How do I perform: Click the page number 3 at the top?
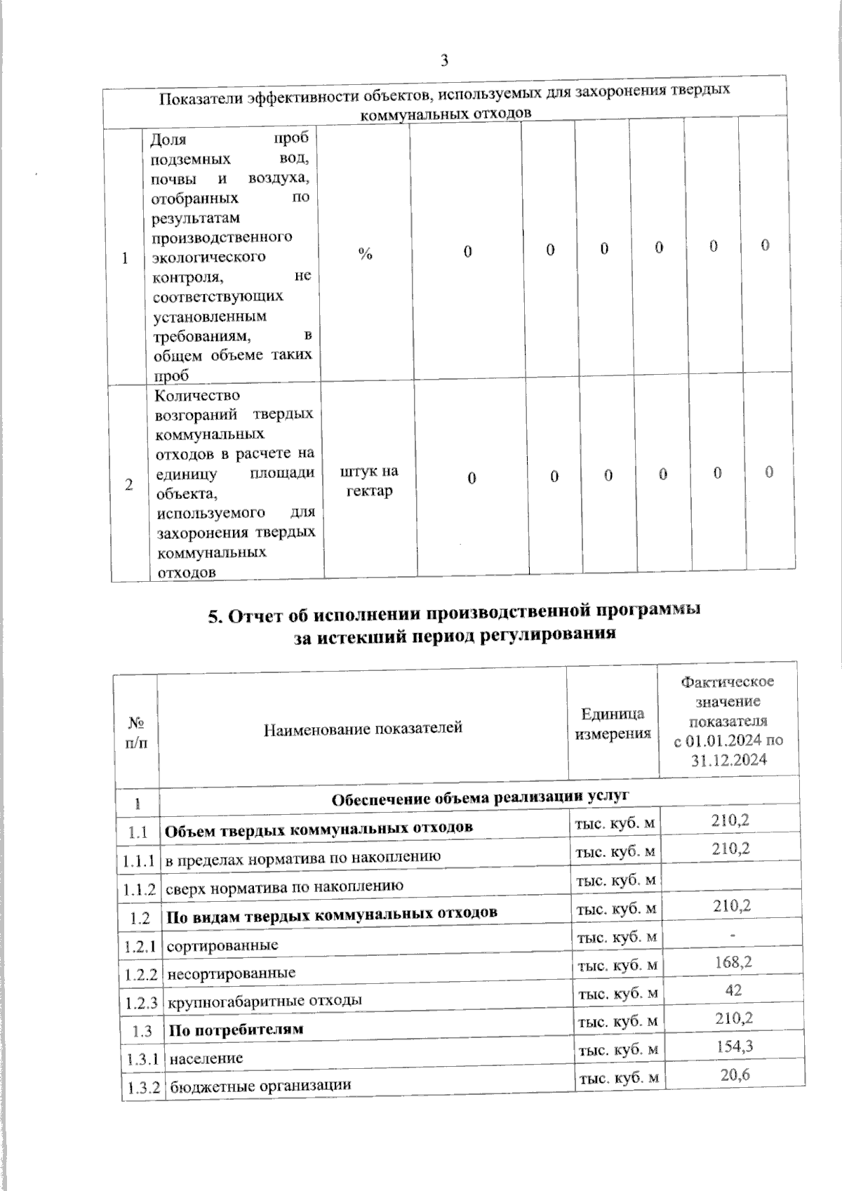coord(443,61)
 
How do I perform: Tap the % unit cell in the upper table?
coord(365,254)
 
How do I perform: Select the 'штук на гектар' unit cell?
coord(369,481)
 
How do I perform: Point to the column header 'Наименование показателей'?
coord(363,728)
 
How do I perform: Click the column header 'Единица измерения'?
coord(613,724)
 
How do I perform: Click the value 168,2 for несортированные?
coord(733,962)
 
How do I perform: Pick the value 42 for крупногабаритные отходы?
coord(734,990)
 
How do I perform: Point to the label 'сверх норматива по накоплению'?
coord(284,886)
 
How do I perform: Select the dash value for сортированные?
coord(733,935)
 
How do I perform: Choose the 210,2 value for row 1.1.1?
coord(730,849)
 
